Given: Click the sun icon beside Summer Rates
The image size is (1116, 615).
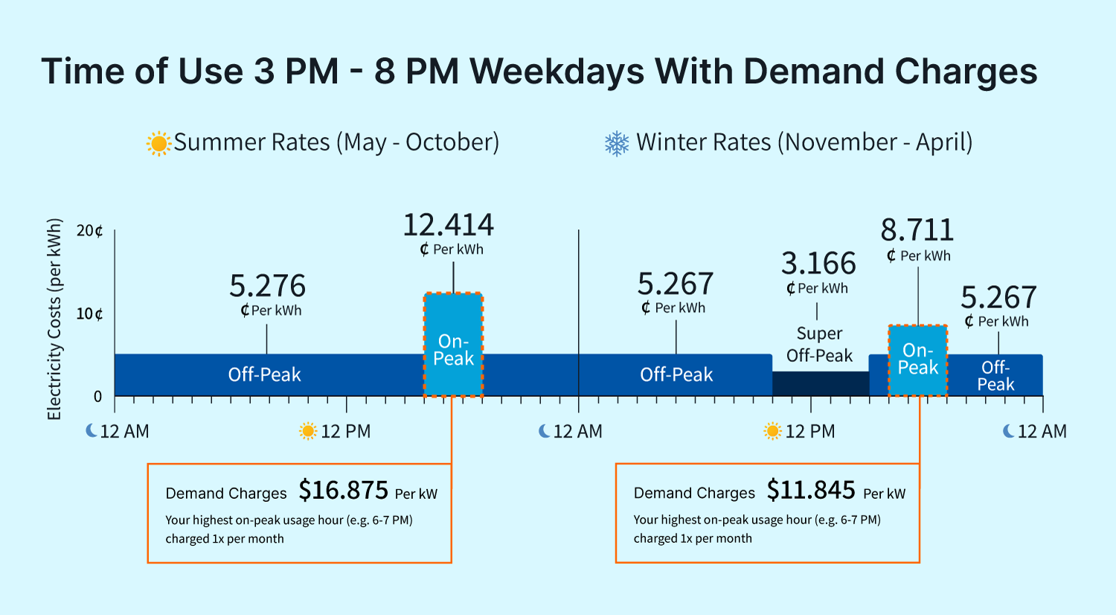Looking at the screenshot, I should (x=158, y=143).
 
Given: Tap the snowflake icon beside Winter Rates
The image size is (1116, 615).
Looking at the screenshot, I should (x=617, y=143).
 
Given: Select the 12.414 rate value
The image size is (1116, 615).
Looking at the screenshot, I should (x=449, y=225).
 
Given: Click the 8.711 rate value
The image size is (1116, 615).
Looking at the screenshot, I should (x=917, y=230).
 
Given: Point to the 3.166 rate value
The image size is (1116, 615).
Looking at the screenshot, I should (x=818, y=264).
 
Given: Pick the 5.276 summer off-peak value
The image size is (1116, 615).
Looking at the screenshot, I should (x=267, y=286).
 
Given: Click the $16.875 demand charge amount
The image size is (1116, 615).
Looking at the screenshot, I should (x=343, y=491).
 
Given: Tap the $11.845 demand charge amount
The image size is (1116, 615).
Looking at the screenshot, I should (x=811, y=491).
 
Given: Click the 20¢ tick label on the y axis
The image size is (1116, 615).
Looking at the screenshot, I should (x=89, y=231).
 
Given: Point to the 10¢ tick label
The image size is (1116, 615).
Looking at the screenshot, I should (x=89, y=313).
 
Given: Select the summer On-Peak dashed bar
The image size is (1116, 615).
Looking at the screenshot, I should (x=453, y=345).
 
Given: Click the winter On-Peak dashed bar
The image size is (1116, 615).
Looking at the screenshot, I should (x=918, y=360).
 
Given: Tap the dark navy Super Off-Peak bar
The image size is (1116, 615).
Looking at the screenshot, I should (x=820, y=383).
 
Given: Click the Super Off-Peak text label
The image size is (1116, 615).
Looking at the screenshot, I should (x=819, y=345).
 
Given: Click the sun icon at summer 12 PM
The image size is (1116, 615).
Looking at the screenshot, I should (x=308, y=431).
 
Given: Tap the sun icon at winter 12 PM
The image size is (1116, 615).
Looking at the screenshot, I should (x=773, y=431).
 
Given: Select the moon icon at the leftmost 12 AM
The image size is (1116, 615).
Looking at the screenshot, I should (x=92, y=430).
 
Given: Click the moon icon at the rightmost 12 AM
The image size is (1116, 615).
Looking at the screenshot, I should (x=1009, y=431).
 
